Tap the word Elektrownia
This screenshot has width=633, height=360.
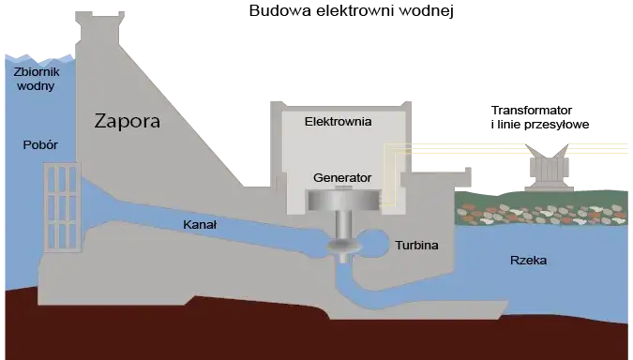pos(338,122)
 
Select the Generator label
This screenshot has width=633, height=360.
pos(341,177)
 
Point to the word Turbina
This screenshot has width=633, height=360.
pos(416,245)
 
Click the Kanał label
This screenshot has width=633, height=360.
pos(203,225)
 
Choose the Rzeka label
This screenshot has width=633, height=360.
pos(529,261)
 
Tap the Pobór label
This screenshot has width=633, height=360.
pos(40,145)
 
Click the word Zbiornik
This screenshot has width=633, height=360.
pos(37,71)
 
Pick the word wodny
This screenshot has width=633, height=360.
pos(36,86)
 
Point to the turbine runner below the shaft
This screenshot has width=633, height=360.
pos(342,246)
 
